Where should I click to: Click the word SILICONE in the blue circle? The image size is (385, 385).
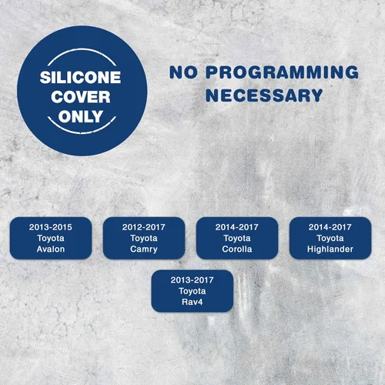(x=80, y=77)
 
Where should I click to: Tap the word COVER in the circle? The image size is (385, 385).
(x=81, y=97)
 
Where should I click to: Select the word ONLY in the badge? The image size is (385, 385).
(x=81, y=116)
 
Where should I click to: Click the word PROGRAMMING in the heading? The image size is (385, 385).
(x=282, y=72)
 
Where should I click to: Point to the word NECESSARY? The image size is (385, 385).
(x=264, y=95)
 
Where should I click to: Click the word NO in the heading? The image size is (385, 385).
(x=183, y=72)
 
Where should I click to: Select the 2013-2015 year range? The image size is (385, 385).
(x=51, y=227)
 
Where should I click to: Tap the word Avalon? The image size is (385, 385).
(x=51, y=249)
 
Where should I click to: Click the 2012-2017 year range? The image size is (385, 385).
(x=144, y=227)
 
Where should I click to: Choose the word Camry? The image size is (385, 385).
(x=144, y=249)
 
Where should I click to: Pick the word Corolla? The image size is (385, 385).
(x=237, y=249)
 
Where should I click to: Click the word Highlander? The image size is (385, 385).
(x=330, y=249)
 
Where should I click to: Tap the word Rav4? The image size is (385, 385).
(x=192, y=302)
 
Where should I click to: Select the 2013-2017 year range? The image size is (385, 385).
(x=192, y=280)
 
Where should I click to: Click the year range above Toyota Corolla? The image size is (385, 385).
(x=237, y=227)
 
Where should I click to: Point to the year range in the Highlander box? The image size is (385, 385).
(x=330, y=227)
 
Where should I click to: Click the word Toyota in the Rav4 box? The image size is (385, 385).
(x=192, y=291)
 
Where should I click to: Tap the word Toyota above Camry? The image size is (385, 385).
(x=144, y=238)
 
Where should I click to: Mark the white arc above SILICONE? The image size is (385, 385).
(x=82, y=49)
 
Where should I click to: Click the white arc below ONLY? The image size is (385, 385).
(x=82, y=132)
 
